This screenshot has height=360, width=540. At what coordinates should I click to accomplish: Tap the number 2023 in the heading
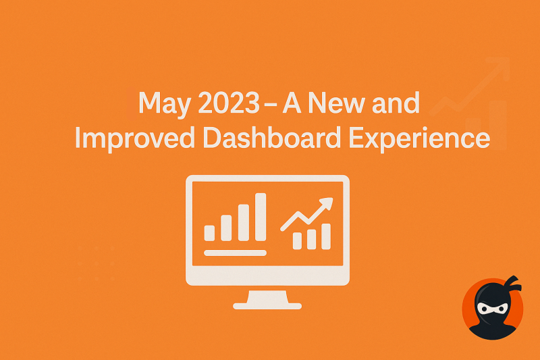[x=229, y=103]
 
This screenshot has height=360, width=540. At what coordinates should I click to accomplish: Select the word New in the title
[x=336, y=103]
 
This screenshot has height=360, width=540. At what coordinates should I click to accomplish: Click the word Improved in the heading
[x=134, y=138]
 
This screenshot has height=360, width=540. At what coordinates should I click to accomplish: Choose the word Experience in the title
[x=419, y=138]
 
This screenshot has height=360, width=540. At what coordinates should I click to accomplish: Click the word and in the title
[x=396, y=102]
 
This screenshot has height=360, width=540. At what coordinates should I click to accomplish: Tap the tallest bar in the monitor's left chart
[x=261, y=217]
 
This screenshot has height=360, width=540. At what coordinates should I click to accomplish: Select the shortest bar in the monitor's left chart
[x=209, y=233]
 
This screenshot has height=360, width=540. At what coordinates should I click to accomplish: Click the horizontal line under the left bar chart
[x=235, y=253]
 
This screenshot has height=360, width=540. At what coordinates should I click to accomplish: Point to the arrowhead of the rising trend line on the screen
[x=326, y=203]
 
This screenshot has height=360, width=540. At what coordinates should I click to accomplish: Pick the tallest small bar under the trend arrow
[x=326, y=236]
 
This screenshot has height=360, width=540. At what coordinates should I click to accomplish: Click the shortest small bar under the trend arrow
[x=297, y=241]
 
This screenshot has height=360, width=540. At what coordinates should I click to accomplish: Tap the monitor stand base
[x=267, y=306]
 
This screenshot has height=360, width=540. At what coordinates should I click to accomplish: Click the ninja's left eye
[x=483, y=309]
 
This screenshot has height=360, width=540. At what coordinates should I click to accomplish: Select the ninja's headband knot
[x=514, y=284]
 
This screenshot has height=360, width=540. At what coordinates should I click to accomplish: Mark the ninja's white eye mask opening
[x=493, y=309]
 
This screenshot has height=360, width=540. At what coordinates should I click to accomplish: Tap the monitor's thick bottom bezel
[x=267, y=276]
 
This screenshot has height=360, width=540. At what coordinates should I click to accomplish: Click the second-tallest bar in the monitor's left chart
[x=244, y=222]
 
